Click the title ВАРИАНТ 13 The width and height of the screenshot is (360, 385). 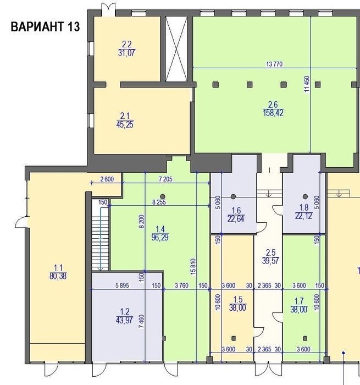click(45, 26)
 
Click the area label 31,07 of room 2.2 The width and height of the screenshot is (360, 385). click(126, 53)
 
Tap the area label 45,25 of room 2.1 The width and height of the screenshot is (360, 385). click(125, 124)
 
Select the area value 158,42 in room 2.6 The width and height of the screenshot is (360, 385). click(273, 113)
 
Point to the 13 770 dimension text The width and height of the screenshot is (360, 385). click(274, 64)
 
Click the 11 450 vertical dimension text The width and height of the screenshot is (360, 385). click(307, 84)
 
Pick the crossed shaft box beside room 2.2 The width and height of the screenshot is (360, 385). click(176, 49)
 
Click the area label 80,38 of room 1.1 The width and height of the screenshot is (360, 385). click(58, 276)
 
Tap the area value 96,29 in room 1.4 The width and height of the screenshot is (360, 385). click(160, 238)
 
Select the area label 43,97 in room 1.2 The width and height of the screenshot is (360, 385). click(125, 320)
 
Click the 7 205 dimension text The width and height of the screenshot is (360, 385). click(165, 179)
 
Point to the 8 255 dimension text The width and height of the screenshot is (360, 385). click(159, 202)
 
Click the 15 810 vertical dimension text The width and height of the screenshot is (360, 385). click(193, 266)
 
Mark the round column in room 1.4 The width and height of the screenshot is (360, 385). click(163, 196)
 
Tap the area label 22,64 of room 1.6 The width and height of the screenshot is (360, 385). click(236, 218)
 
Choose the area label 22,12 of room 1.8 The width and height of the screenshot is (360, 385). click(303, 216)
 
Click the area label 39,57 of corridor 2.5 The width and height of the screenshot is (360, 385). click(270, 261)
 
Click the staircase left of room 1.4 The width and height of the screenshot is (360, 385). click(100, 235)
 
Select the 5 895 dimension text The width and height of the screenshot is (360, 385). click(122, 285)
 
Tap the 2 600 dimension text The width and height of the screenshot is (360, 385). click(107, 179)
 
